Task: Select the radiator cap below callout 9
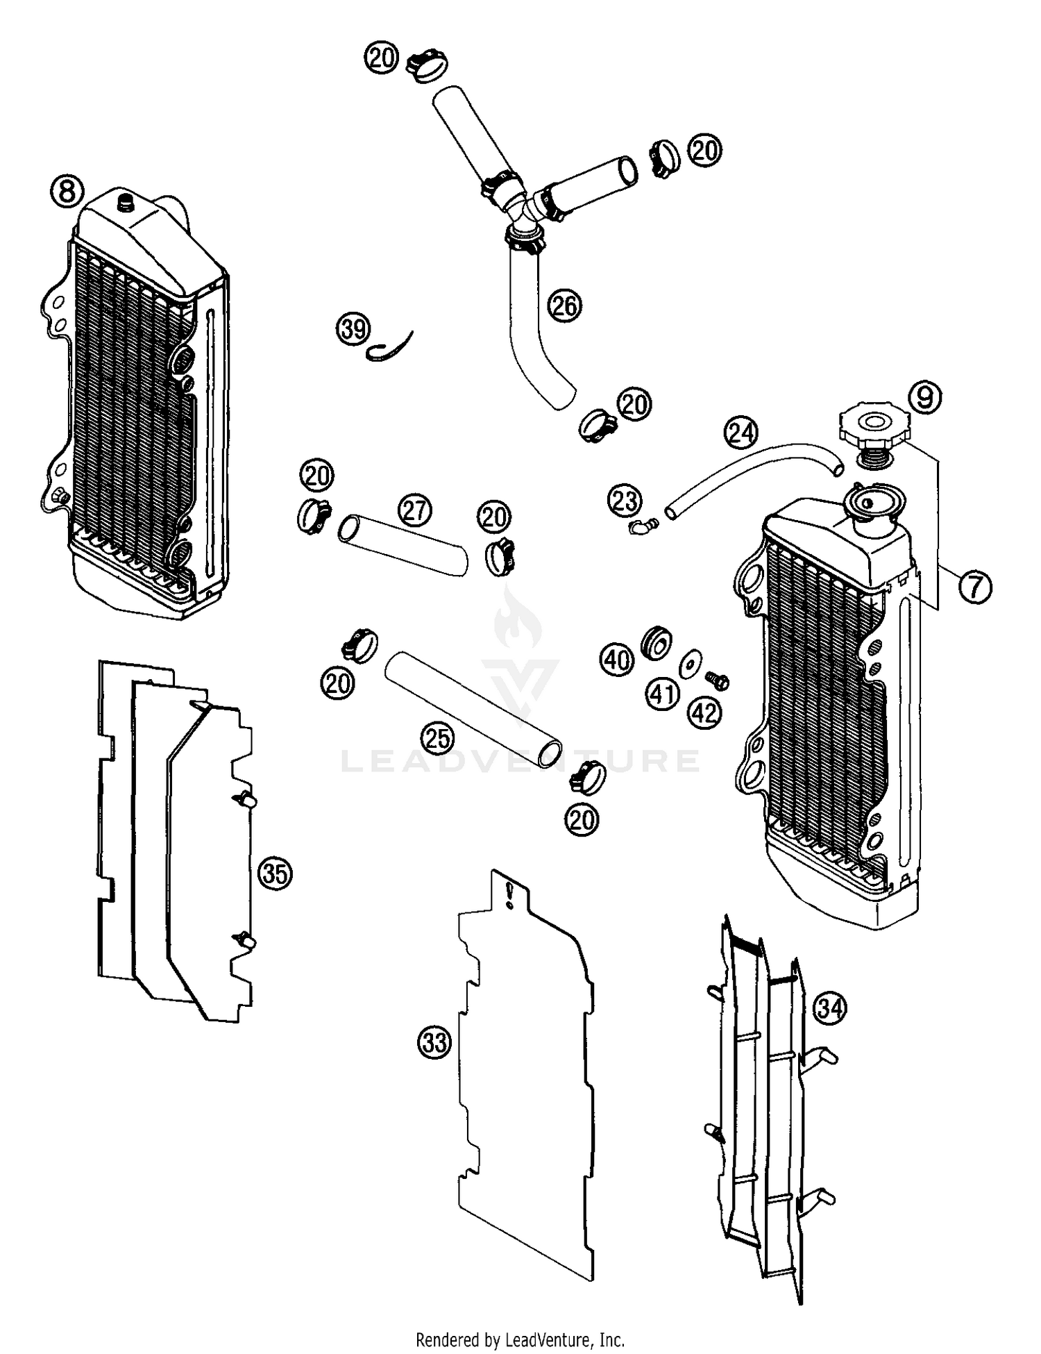(x=871, y=426)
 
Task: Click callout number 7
(x=975, y=587)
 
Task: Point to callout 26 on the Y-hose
(x=564, y=306)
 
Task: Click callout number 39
(x=354, y=329)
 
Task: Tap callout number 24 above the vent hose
(x=741, y=433)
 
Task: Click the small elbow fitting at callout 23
(x=638, y=528)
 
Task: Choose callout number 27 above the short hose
(x=414, y=510)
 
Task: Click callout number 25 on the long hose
(x=438, y=738)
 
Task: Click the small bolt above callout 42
(x=718, y=680)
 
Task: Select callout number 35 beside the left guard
(x=275, y=874)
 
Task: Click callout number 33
(x=435, y=1042)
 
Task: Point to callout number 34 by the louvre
(x=831, y=1008)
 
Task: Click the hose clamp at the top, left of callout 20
(x=426, y=65)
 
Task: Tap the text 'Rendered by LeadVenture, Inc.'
(x=520, y=1339)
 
